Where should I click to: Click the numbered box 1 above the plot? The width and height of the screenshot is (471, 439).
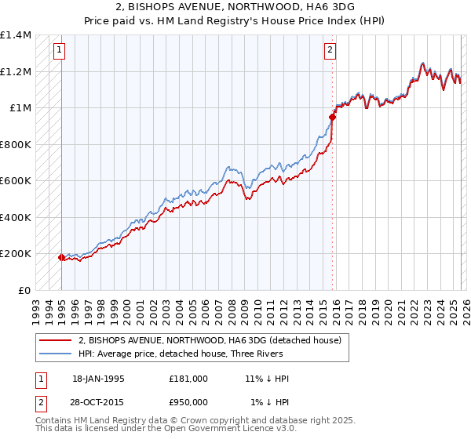pyautogui.click(x=60, y=51)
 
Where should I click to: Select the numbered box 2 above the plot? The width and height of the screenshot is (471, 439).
pyautogui.click(x=330, y=51)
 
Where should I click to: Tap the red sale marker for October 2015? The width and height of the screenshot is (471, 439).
pyautogui.click(x=332, y=118)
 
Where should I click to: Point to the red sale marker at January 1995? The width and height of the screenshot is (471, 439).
pyautogui.click(x=61, y=256)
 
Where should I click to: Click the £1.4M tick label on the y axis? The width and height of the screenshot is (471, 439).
pyautogui.click(x=16, y=35)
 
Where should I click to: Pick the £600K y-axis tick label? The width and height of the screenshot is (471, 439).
pyautogui.click(x=16, y=181)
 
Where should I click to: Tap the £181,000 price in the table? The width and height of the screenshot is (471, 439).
pyautogui.click(x=188, y=379)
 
